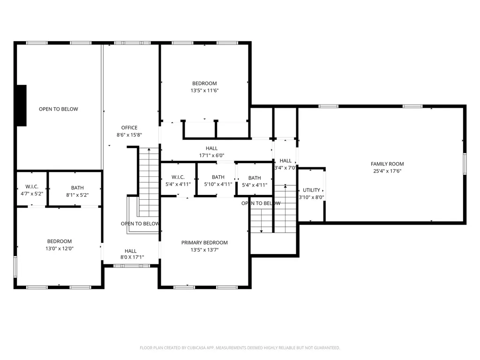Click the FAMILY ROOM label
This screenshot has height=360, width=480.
387,164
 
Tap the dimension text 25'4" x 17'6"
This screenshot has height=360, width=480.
387,171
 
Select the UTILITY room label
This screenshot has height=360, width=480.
311,190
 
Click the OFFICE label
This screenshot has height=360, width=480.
129,127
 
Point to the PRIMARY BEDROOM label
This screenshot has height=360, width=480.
204,242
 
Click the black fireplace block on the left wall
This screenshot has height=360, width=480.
21,105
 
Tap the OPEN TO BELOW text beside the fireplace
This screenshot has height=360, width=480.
58,109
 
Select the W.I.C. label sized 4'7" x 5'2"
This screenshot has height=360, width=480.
31,187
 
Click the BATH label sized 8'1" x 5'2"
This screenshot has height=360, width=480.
77,187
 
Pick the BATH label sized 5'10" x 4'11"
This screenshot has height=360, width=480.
218,177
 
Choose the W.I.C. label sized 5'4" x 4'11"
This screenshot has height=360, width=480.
178,177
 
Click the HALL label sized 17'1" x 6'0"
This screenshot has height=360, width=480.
211,149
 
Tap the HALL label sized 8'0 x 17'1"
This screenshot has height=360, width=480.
130,251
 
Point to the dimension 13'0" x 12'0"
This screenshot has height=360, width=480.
59,248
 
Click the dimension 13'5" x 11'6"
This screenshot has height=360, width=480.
204,90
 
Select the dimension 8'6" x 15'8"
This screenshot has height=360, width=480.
129,135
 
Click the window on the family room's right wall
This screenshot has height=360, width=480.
465,164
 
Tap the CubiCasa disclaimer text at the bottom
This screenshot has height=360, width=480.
240,348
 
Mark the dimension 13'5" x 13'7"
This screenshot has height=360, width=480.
204,250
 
